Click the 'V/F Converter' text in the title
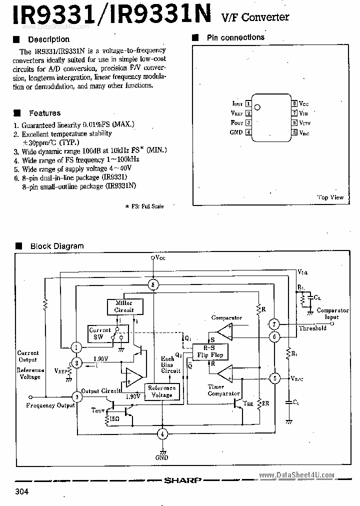(255, 17)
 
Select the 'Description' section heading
(48, 39)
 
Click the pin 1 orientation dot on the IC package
(257, 106)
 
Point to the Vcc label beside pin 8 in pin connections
(304, 103)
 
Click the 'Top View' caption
(330, 197)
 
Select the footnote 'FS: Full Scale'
(146, 206)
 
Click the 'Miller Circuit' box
(124, 306)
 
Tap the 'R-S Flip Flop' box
(209, 351)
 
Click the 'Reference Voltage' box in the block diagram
(161, 391)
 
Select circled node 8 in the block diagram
(154, 284)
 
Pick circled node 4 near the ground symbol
(161, 433)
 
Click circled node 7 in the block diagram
(273, 323)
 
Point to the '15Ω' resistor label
(114, 418)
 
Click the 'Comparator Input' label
(332, 313)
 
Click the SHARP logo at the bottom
(182, 480)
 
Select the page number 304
(22, 491)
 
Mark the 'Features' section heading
(44, 113)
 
